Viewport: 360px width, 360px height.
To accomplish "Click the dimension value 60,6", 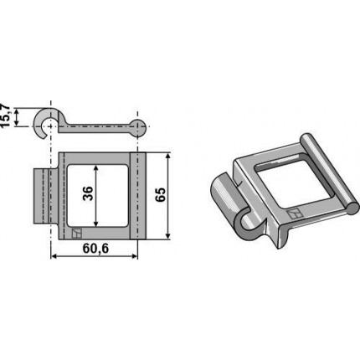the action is [x=95, y=248].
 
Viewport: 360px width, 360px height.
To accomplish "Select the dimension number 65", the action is [x=161, y=195].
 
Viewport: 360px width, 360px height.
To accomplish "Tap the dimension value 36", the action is [x=88, y=193].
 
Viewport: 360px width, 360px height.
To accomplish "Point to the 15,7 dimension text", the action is [x=5, y=116].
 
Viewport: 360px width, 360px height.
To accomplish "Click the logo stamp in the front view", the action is [x=76, y=233].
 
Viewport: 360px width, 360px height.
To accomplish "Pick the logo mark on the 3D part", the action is [x=295, y=214].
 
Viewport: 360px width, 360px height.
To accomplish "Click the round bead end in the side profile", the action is [x=139, y=127].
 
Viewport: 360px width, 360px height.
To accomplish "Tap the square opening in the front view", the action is [x=98, y=196].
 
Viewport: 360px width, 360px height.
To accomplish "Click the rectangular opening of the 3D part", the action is [x=283, y=182].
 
